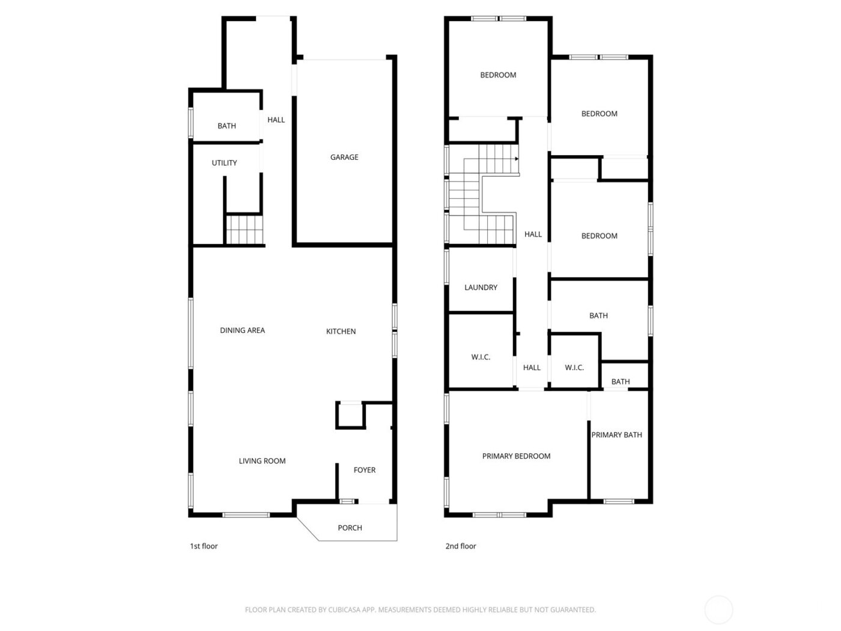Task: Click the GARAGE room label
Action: (x=344, y=157)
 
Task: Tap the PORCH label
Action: (x=350, y=528)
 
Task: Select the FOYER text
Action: (x=364, y=470)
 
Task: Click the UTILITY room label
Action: (x=224, y=163)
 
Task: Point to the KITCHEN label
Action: (x=341, y=331)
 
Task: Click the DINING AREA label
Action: (x=242, y=330)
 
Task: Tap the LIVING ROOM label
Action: (x=262, y=461)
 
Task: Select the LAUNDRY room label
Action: (x=481, y=287)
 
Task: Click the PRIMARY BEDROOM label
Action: (x=516, y=456)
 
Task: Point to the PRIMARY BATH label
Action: (x=616, y=434)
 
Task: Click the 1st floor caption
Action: (x=204, y=546)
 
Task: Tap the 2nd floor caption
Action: (x=460, y=546)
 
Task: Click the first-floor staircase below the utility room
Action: (x=245, y=230)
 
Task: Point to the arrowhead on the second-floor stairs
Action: (x=516, y=159)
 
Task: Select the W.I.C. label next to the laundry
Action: (x=481, y=357)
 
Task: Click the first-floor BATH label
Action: (x=226, y=126)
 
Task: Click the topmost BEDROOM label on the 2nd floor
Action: (x=498, y=75)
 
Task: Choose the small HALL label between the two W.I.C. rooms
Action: (x=532, y=368)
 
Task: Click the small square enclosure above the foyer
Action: (x=350, y=415)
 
